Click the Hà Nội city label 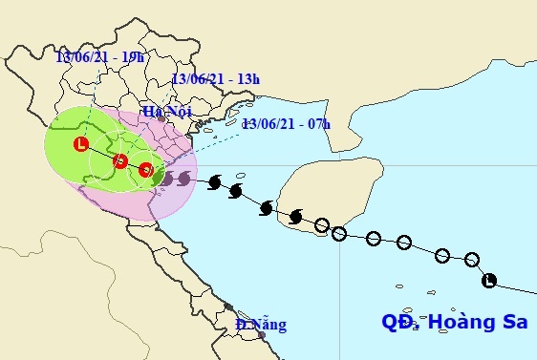[x=167, y=112]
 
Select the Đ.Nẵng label [x=261, y=325]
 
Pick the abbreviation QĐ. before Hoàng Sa [x=399, y=323]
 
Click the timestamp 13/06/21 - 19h [x=99, y=57]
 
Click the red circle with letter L [x=81, y=145]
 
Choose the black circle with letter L [x=489, y=280]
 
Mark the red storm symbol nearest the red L [x=120, y=160]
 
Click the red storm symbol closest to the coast [x=145, y=170]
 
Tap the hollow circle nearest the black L [x=471, y=259]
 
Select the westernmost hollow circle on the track [x=323, y=225]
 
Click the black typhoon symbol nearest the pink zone [x=183, y=178]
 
